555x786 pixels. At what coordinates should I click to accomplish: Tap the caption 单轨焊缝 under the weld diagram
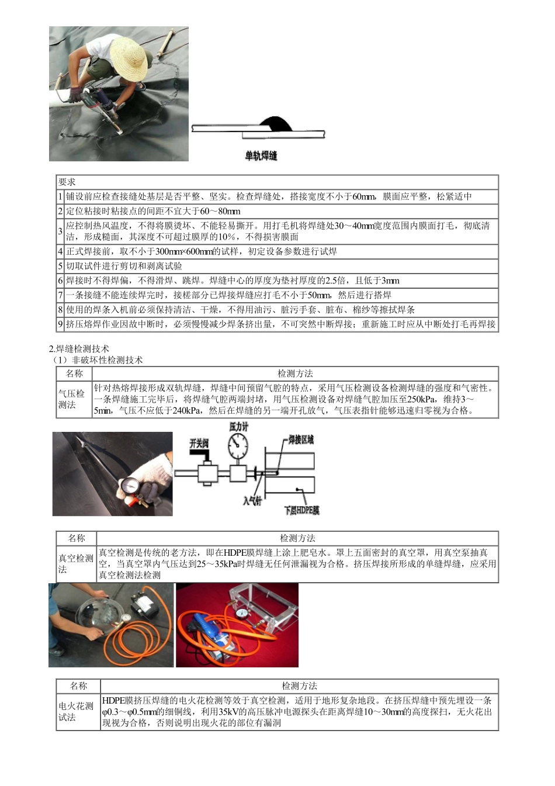click(x=261, y=155)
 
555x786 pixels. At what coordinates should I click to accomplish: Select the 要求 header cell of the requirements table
click(x=67, y=182)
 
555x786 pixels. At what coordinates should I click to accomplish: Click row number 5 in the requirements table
click(x=60, y=266)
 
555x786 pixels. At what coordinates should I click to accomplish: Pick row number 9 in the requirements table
click(x=60, y=324)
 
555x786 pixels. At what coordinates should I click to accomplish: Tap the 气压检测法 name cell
click(x=72, y=399)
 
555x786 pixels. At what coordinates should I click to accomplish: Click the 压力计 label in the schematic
click(x=238, y=427)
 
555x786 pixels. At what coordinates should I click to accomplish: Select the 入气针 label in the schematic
click(x=252, y=501)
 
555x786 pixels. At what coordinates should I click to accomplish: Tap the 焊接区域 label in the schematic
click(x=301, y=439)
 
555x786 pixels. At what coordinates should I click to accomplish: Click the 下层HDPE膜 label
click(x=301, y=510)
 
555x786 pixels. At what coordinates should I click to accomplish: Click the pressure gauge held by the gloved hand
click(x=130, y=485)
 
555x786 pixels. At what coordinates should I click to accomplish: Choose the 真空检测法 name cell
click(x=75, y=564)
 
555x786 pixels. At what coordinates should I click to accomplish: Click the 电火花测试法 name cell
click(x=77, y=711)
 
